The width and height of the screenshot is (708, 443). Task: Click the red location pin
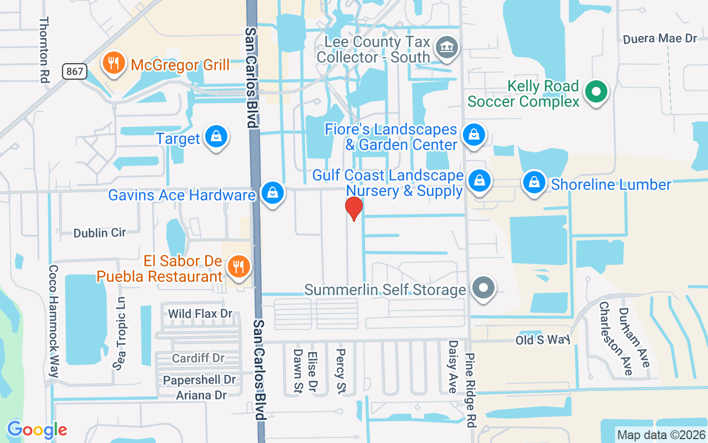tap(353, 209)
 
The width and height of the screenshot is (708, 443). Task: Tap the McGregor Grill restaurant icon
tap(113, 64)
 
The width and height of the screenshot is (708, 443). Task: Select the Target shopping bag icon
tap(216, 137)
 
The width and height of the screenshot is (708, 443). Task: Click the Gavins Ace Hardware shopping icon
tap(272, 194)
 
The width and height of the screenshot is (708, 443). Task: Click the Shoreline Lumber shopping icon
tap(534, 183)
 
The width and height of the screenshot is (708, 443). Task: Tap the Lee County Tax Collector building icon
tap(445, 47)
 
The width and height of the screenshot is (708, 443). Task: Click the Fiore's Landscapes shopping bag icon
tap(473, 135)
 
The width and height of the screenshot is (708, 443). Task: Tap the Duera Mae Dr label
tap(660, 39)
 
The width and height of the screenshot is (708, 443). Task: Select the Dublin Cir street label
tap(100, 233)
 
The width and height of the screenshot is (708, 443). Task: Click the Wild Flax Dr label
tap(200, 314)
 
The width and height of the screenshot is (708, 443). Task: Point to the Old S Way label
tap(543, 339)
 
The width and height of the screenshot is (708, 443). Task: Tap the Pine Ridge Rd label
tap(471, 390)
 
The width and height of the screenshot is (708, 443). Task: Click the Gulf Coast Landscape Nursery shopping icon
tap(480, 181)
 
